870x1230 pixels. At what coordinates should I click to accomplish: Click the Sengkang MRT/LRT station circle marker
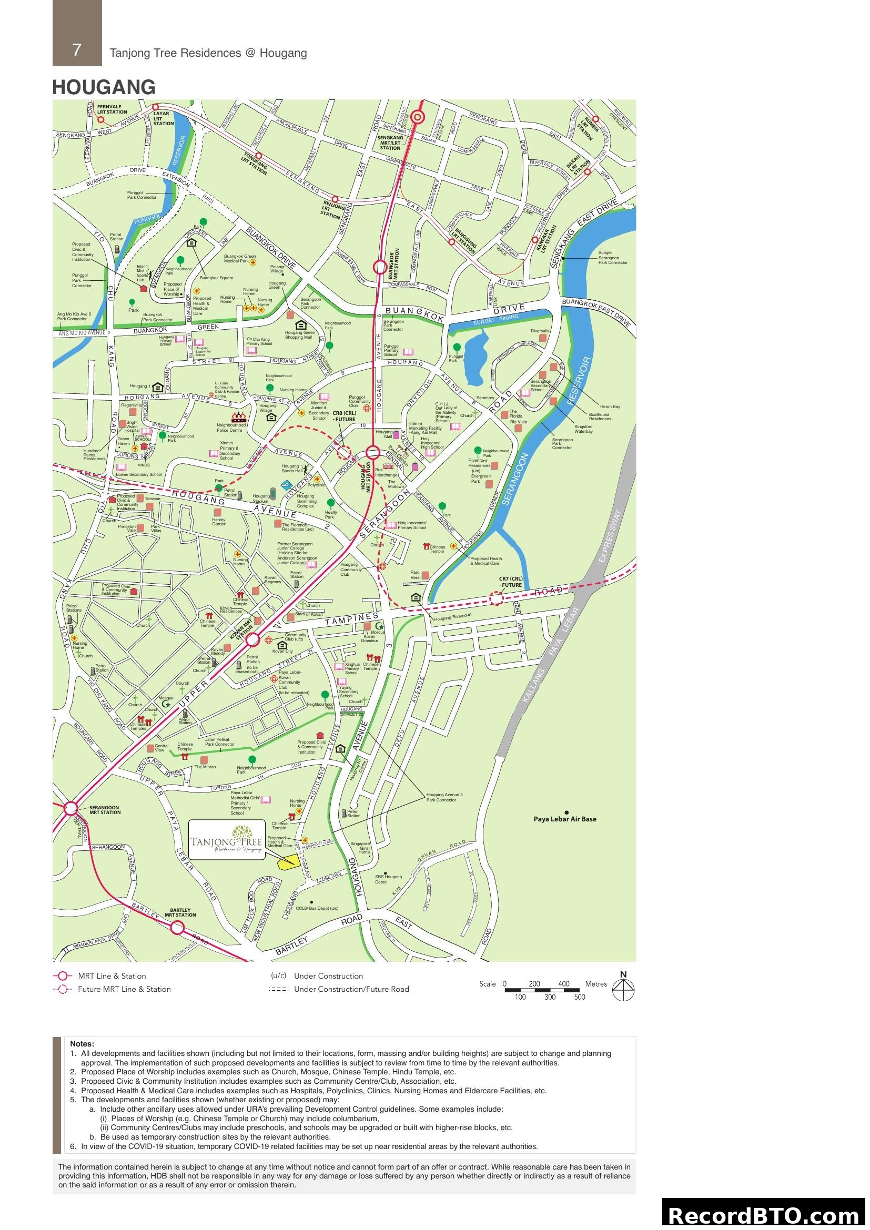point(417,117)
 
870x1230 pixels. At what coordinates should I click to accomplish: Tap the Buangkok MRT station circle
point(380,267)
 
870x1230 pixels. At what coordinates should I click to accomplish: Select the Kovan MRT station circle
point(253,639)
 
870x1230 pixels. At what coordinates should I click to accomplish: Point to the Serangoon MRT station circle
point(70,808)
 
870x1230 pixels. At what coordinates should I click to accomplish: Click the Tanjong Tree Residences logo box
point(227,840)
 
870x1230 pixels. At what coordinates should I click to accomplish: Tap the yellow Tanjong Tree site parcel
point(288,861)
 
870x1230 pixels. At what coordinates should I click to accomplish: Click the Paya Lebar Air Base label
point(564,819)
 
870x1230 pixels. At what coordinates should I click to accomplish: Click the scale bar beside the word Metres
point(542,990)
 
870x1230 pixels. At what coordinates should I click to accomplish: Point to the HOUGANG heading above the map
point(104,87)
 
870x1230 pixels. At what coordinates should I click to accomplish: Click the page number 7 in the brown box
point(77,50)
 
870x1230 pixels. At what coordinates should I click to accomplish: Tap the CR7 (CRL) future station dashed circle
point(496,599)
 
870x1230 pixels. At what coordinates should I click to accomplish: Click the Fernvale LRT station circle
point(100,120)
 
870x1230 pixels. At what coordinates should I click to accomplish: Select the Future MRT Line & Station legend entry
point(124,990)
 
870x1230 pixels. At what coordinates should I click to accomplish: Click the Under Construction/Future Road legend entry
point(351,990)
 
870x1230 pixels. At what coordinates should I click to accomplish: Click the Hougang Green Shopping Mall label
point(300,335)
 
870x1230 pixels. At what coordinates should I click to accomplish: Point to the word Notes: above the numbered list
point(82,1043)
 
